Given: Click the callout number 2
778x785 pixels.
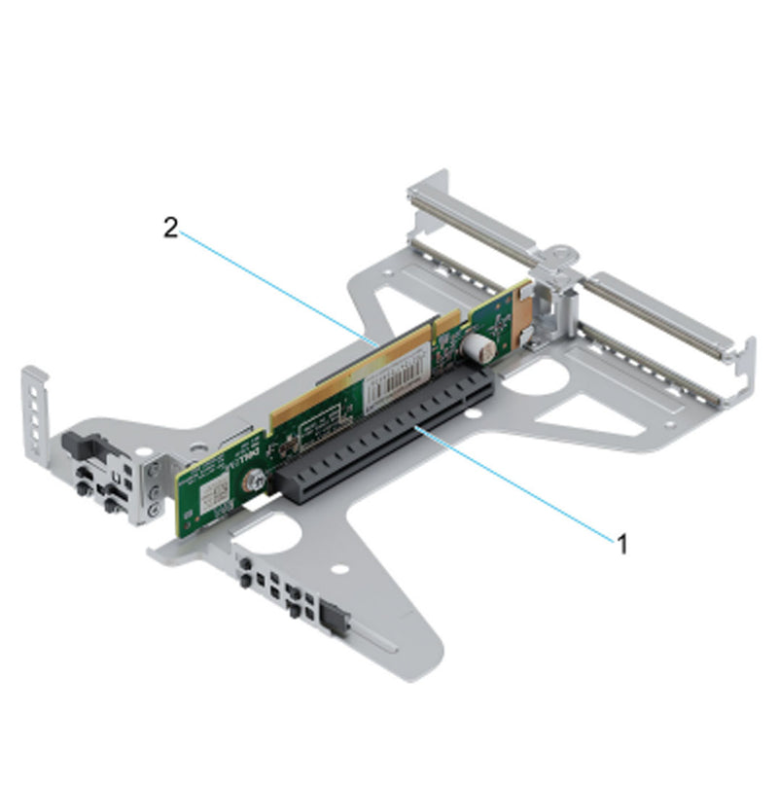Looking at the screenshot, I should point(170,228).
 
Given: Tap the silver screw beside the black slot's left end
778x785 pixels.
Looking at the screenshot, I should point(253,480).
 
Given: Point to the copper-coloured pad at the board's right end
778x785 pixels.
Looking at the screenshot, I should point(526,308).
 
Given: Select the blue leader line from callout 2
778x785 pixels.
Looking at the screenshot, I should point(272,286).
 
